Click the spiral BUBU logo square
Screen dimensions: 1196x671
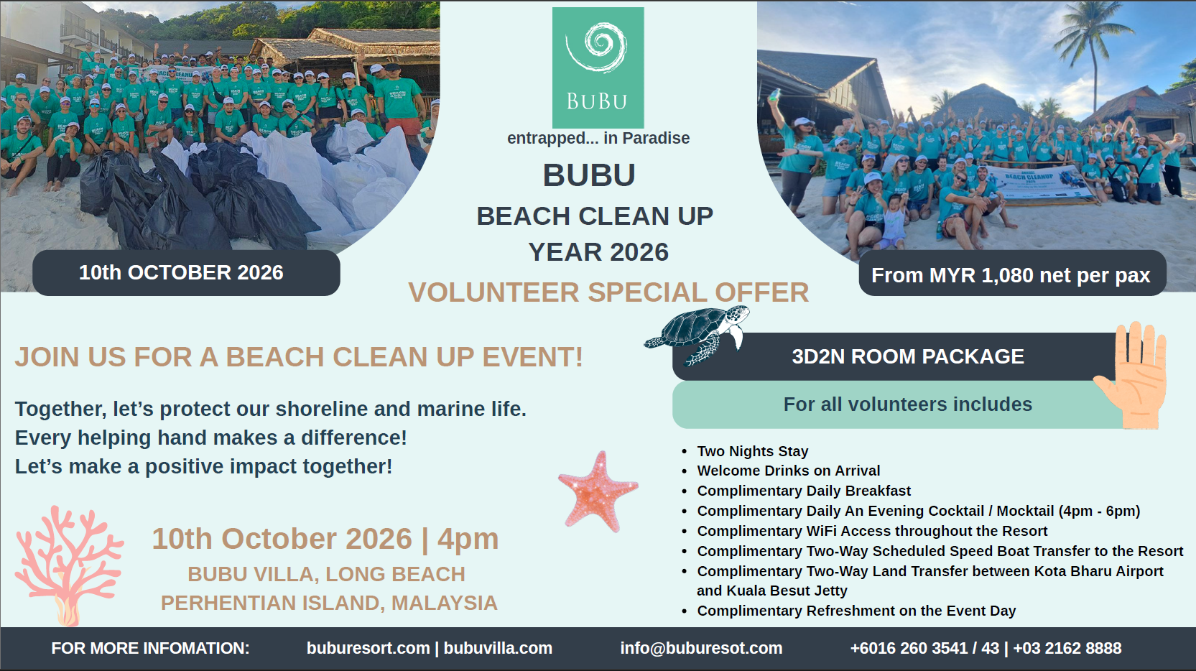pyautogui.click(x=598, y=68)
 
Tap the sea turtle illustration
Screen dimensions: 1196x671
pyautogui.click(x=697, y=334)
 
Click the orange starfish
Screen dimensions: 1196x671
pyautogui.click(x=598, y=491)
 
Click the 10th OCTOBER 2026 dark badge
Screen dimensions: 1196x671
pyautogui.click(x=186, y=273)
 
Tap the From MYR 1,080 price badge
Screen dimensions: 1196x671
pyautogui.click(x=1012, y=275)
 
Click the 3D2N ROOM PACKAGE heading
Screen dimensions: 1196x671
pyautogui.click(x=908, y=356)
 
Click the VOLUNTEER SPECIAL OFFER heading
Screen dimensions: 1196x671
pyautogui.click(x=608, y=292)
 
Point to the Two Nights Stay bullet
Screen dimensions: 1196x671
pyautogui.click(x=752, y=452)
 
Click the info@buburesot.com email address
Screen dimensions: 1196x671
pyautogui.click(x=701, y=648)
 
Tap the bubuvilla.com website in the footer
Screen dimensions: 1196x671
pyautogui.click(x=498, y=648)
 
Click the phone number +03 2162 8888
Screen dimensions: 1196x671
pyautogui.click(x=1067, y=648)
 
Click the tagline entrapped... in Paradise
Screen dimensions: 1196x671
pyautogui.click(x=598, y=138)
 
